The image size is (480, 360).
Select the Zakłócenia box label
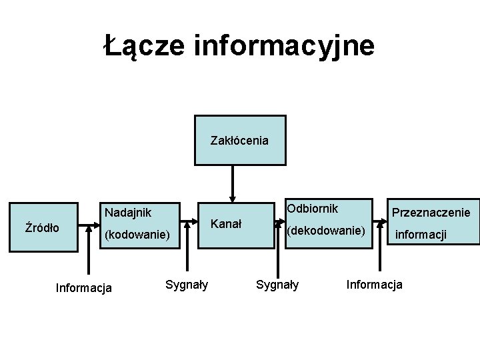(x=239, y=141)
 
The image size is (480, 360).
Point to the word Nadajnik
(x=127, y=213)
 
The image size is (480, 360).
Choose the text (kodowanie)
(x=137, y=235)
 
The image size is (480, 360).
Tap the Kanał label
(x=227, y=222)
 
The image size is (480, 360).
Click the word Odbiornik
(x=312, y=209)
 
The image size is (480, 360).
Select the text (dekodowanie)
(x=326, y=231)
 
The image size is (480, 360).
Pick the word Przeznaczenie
(x=431, y=213)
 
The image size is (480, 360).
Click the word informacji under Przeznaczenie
(x=421, y=235)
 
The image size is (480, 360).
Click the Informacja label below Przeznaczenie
(x=374, y=285)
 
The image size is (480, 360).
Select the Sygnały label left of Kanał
(x=187, y=285)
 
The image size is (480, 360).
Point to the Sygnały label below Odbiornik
(x=278, y=285)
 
